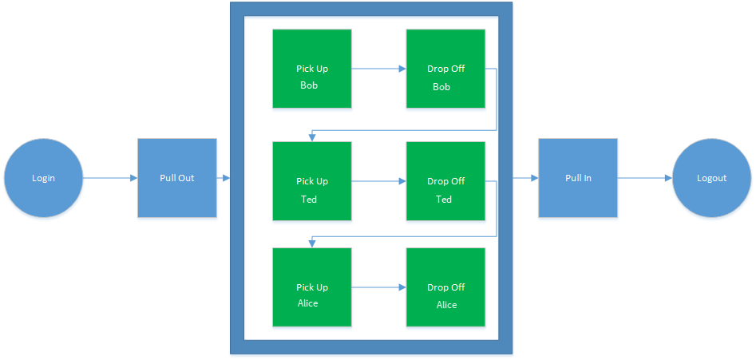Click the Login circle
point(43,178)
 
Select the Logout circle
point(711,178)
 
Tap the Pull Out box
point(177,178)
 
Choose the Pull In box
point(578,178)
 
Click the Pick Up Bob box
point(312,69)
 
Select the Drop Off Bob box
point(445,69)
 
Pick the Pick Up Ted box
point(312,181)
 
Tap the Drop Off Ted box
point(445,181)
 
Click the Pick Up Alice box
point(312,287)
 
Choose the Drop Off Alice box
point(445,287)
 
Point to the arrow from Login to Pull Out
point(110,178)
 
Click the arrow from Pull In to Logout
point(645,178)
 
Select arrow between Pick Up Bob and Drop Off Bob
point(378,69)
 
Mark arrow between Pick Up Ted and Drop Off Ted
point(378,181)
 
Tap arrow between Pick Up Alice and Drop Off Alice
point(378,287)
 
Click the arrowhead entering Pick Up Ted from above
point(311,137)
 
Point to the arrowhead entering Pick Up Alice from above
point(311,243)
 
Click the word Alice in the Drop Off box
point(446,305)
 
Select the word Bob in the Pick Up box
point(309,85)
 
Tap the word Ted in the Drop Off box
point(444,200)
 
